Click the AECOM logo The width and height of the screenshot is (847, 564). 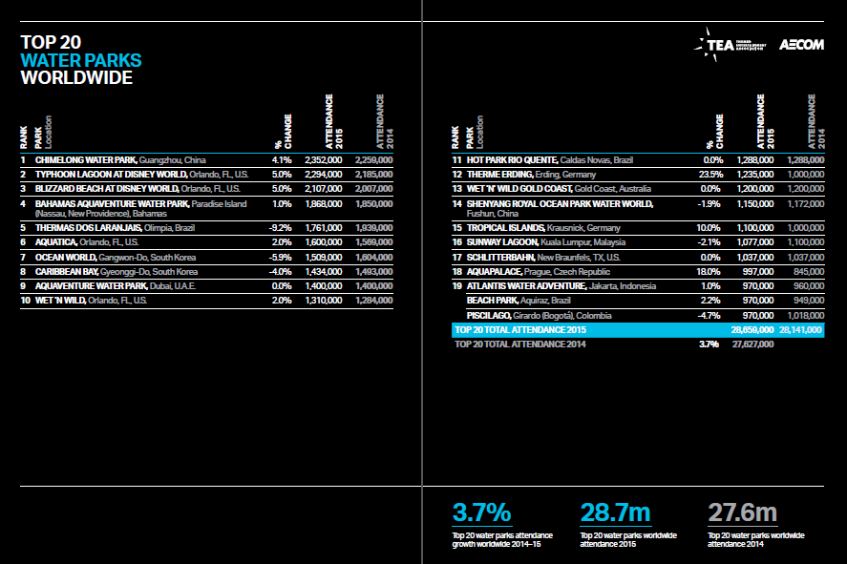[x=801, y=44]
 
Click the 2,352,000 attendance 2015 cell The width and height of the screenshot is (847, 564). [x=323, y=159]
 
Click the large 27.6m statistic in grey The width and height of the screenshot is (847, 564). [x=742, y=512]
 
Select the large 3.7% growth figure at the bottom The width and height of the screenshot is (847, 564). [x=482, y=512]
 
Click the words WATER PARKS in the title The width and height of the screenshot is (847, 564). [x=81, y=60]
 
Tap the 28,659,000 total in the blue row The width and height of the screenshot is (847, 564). [x=752, y=329]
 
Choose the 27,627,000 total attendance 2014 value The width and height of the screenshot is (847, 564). [x=752, y=344]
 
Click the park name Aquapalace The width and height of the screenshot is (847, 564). [x=498, y=272]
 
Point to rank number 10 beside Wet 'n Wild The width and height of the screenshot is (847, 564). [x=23, y=300]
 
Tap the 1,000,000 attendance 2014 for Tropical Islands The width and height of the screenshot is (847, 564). [x=803, y=228]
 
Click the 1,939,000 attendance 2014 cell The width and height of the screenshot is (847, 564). [x=373, y=228]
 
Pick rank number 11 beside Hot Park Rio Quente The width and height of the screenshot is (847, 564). [x=456, y=159]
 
